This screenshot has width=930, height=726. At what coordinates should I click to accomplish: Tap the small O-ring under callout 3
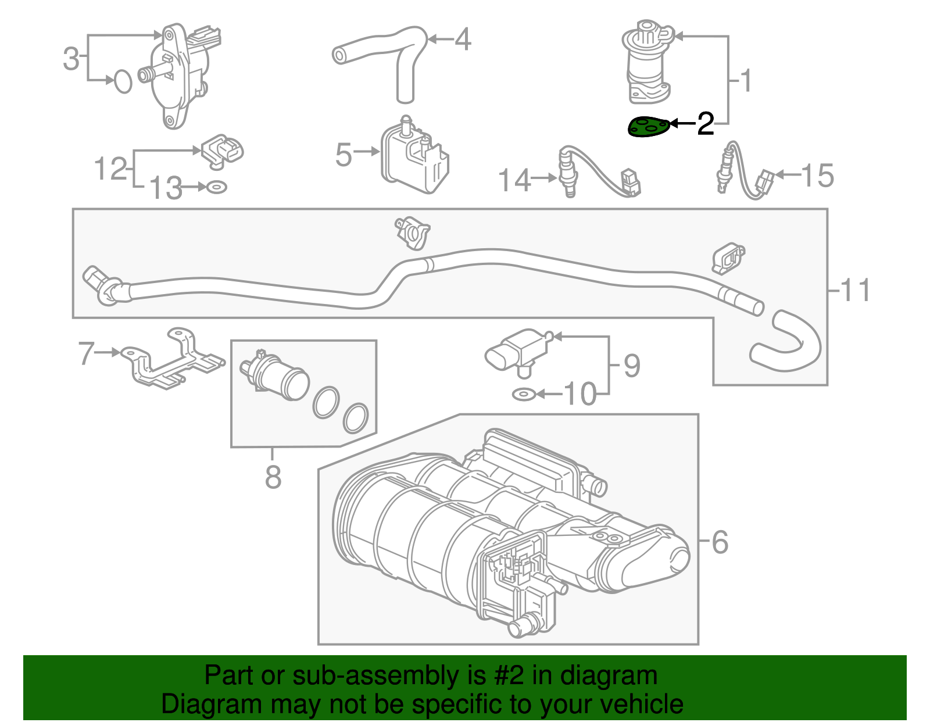click(123, 81)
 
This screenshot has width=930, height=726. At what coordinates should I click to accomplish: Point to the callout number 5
click(344, 155)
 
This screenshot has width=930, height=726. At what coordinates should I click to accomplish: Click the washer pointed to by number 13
click(217, 188)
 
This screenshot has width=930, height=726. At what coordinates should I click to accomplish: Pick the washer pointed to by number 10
click(524, 395)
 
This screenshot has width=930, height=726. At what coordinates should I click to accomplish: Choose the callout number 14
click(514, 180)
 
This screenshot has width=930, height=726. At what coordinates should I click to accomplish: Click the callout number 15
click(817, 176)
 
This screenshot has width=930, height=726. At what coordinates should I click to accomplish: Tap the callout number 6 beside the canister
click(720, 542)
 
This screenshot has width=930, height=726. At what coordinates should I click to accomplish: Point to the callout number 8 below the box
click(273, 477)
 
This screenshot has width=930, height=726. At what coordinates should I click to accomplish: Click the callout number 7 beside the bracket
click(87, 353)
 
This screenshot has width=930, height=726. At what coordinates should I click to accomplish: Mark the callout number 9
click(631, 366)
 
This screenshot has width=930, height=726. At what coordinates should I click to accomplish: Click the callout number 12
click(110, 169)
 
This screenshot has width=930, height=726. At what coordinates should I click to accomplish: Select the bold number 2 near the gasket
click(705, 124)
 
